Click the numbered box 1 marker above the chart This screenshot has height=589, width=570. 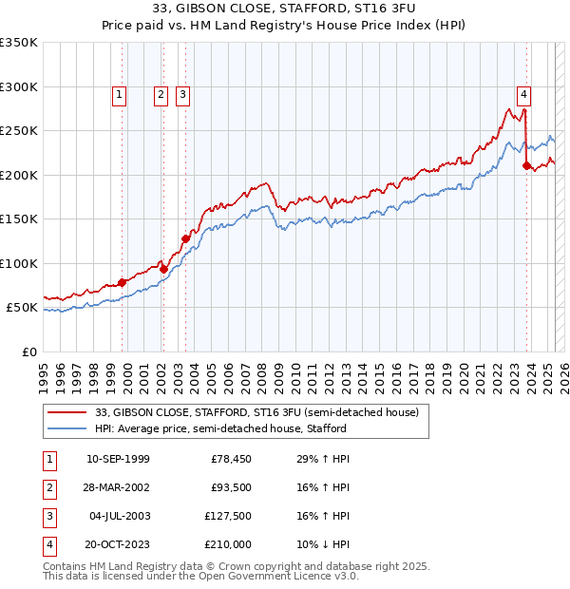coord(119,94)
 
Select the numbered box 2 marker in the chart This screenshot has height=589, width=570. coord(161,94)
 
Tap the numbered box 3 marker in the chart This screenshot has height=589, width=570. coord(182,94)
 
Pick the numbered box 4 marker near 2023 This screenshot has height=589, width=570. coord(523,94)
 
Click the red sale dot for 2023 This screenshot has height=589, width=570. coord(526,166)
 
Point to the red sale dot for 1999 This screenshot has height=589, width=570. coord(123,282)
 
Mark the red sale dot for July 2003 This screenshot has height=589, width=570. coord(185,238)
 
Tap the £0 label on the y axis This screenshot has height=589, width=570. coord(28,352)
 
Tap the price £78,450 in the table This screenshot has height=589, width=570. coord(230,460)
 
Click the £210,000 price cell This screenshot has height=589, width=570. coord(230,545)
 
